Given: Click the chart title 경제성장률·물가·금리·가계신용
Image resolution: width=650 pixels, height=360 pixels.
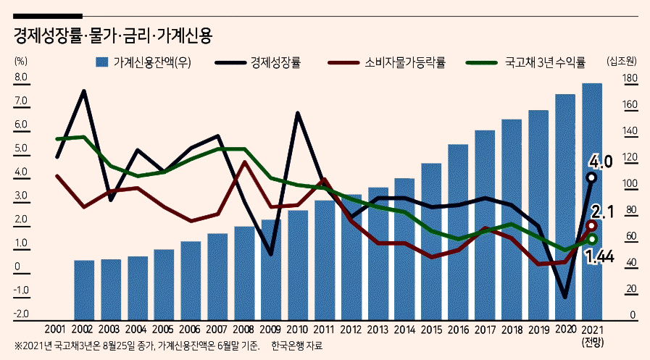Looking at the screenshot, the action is (x=113, y=35).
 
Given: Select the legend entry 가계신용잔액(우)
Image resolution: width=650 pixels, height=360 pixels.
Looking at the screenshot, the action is (x=143, y=62).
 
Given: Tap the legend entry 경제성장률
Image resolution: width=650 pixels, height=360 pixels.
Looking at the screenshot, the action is (x=258, y=62).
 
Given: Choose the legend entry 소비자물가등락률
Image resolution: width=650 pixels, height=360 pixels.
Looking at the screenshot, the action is (x=386, y=62).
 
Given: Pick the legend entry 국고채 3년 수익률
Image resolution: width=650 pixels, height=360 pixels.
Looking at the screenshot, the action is (x=525, y=62).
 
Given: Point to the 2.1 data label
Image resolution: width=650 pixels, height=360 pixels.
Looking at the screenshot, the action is (x=602, y=212).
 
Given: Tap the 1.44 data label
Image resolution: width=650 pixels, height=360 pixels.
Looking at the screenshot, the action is (x=599, y=257).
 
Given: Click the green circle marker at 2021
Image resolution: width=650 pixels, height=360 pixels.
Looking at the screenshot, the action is (x=592, y=239).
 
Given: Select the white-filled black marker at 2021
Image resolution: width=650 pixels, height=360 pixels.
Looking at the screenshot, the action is (x=591, y=177).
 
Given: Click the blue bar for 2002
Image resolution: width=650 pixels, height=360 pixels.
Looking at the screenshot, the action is (x=84, y=290).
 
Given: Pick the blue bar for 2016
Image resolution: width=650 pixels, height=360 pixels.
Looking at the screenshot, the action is (x=458, y=233).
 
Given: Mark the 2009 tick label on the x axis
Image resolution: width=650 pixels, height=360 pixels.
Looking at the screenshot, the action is (x=270, y=330).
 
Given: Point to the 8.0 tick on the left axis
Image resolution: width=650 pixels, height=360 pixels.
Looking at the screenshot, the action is (x=21, y=77).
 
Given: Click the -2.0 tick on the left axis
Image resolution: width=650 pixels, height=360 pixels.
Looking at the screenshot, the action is (x=21, y=314).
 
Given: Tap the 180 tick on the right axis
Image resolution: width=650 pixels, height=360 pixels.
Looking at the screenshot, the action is (x=630, y=78).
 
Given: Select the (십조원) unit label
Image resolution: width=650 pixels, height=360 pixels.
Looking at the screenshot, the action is (x=622, y=62).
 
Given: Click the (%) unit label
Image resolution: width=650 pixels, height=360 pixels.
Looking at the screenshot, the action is (x=21, y=61).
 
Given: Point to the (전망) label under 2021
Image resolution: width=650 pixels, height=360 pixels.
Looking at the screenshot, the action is (x=593, y=343).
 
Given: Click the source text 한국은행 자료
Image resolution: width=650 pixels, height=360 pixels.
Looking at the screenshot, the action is (x=297, y=346).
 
